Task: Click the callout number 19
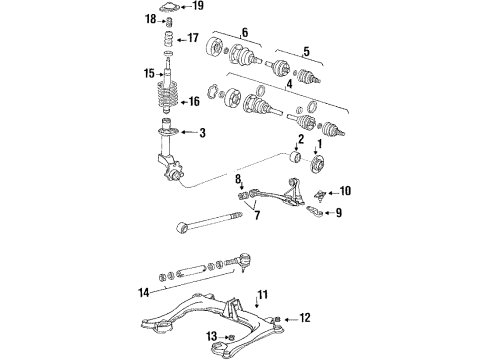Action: (x=198, y=6)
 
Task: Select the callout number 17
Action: (x=193, y=38)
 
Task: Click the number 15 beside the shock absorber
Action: (x=149, y=73)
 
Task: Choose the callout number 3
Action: (x=202, y=133)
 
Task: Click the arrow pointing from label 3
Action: (x=189, y=133)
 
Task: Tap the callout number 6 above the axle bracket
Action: (x=245, y=32)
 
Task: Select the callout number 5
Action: (x=306, y=51)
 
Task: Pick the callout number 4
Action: (x=289, y=84)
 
